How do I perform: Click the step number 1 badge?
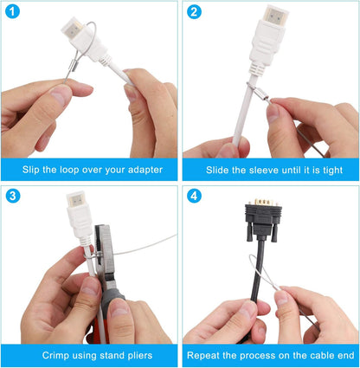(x=12, y=12)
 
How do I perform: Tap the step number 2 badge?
(x=194, y=12)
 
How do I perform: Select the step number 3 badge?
(x=12, y=196)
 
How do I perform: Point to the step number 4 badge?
(x=194, y=196)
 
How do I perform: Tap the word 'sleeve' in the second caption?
(x=247, y=169)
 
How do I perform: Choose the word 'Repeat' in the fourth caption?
(x=205, y=354)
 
